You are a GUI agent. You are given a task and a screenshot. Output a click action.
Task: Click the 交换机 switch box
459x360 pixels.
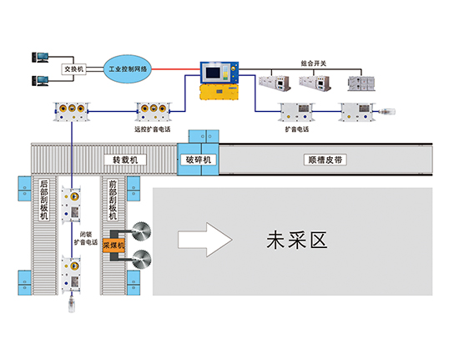pyautogui.click(x=73, y=69)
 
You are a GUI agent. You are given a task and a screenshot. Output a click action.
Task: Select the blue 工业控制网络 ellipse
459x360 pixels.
pyautogui.click(x=128, y=68)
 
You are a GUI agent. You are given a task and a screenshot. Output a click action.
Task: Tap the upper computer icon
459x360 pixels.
pyautogui.click(x=40, y=57)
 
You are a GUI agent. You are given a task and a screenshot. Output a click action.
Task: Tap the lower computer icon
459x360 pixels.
pyautogui.click(x=40, y=80)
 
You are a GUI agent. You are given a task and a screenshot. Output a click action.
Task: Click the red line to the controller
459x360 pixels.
pyautogui.click(x=176, y=69)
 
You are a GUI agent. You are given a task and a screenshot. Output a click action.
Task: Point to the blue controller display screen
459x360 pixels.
pyautogui.click(x=213, y=73)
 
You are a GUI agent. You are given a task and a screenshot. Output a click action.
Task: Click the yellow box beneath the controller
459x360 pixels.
pyautogui.click(x=219, y=92)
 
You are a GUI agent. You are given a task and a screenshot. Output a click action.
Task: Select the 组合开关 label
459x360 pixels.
pyautogui.click(x=313, y=63)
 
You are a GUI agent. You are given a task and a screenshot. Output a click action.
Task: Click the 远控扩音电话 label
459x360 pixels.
pyautogui.click(x=152, y=129)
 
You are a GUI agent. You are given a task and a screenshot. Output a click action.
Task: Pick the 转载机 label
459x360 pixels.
pyautogui.click(x=125, y=160)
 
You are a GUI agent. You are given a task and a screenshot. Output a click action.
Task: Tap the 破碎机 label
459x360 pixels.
pyautogui.click(x=198, y=160)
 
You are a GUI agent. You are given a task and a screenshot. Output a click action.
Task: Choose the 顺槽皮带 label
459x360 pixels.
pyautogui.click(x=325, y=160)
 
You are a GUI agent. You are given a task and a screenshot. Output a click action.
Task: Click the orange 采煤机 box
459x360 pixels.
pyautogui.click(x=113, y=246)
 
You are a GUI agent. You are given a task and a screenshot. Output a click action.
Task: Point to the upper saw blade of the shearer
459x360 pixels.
pyautogui.click(x=141, y=231)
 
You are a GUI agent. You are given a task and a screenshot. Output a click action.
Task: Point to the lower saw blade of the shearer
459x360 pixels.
pyautogui.click(x=142, y=259)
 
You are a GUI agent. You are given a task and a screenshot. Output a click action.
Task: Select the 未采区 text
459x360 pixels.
pyautogui.click(x=296, y=241)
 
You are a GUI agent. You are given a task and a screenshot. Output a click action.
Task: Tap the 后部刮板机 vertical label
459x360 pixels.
pyautogui.click(x=44, y=200)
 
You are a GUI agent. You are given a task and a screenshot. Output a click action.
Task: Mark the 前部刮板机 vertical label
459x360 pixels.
pyautogui.click(x=113, y=200)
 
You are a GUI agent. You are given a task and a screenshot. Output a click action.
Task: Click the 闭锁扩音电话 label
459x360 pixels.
pyautogui.click(x=85, y=238)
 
